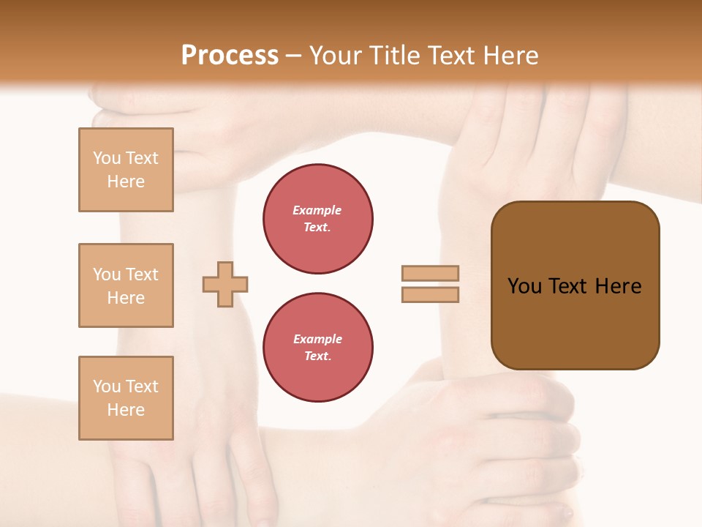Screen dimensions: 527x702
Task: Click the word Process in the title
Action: pos(230,56)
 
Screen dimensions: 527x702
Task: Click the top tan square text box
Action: pos(126,170)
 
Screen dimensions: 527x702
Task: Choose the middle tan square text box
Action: pos(126,285)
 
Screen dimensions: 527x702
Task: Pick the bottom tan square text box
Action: pos(126,398)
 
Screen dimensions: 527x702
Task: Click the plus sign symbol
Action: pos(225,284)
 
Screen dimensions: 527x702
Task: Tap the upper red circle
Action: pos(318,219)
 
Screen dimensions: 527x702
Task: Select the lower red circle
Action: pos(318,348)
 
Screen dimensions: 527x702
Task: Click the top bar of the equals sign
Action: pos(430,273)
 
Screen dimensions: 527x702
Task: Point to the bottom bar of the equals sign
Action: pos(430,295)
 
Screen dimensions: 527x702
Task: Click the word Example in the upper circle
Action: pos(317,210)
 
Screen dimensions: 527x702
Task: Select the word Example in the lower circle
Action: pos(317,339)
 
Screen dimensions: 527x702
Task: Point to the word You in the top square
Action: pos(107,158)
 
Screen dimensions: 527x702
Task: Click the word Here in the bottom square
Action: pos(126,410)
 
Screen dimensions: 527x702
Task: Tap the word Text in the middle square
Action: pos(141,274)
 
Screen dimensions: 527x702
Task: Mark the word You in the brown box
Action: pos(524,286)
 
